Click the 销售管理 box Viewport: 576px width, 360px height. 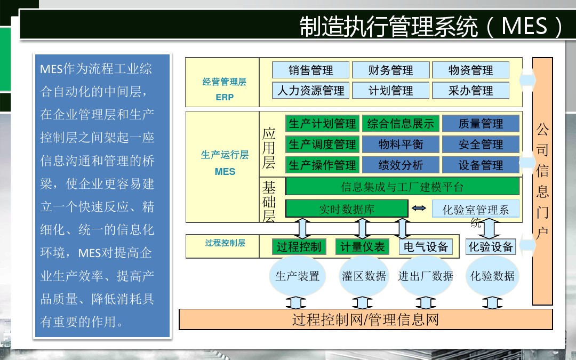coord(311,70)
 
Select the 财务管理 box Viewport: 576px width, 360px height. coord(391,70)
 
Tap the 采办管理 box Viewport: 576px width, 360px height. coord(471,90)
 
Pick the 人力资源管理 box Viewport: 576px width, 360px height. coord(311,90)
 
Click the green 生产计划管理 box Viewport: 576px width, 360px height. coord(322,123)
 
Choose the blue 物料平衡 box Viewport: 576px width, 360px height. coord(401,145)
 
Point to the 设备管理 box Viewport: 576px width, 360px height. coord(481,165)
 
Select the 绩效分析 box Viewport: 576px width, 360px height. coord(401,165)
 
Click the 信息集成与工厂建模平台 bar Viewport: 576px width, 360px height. coord(402,187)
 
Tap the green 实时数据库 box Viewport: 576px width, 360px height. coord(347,209)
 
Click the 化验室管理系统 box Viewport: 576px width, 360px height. coord(476,209)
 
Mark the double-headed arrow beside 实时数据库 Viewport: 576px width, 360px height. coord(419,209)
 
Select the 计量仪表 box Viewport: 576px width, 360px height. coord(362,246)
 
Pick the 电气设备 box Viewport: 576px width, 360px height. coord(426,246)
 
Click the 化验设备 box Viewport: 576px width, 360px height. coord(491,246)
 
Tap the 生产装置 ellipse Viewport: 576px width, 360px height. coord(298,276)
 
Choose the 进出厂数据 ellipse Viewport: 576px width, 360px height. coord(426,276)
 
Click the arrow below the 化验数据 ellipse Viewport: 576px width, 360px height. coord(492,303)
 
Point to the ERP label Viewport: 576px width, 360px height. coord(225,97)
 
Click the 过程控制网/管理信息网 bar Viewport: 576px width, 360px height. coord(366,319)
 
